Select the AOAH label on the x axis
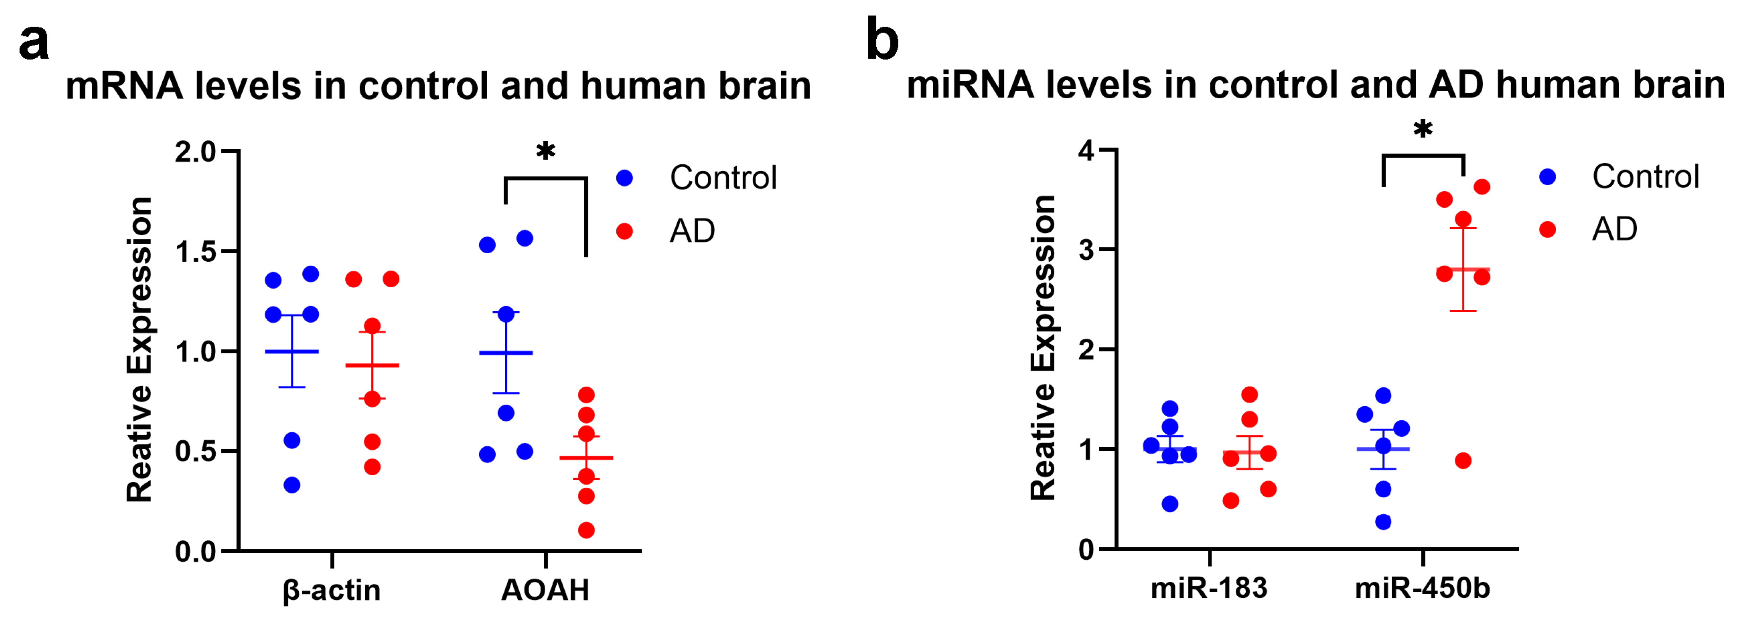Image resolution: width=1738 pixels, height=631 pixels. pyautogui.click(x=545, y=590)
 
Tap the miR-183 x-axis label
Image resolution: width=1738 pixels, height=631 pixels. pyautogui.click(x=1209, y=588)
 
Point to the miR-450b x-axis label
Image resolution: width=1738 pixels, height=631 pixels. pyautogui.click(x=1422, y=588)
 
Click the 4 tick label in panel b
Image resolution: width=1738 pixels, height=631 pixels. pyautogui.click(x=1086, y=150)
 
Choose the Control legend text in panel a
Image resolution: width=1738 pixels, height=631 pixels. pyautogui.click(x=723, y=178)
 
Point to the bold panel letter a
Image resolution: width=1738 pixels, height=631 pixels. pyautogui.click(x=34, y=42)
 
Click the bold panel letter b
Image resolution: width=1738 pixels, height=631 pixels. pyautogui.click(x=882, y=41)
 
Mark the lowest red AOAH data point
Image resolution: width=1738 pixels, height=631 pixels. pyautogui.click(x=586, y=530)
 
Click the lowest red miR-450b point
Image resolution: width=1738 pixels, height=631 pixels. pyautogui.click(x=1463, y=461)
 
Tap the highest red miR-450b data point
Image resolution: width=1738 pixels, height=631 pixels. pyautogui.click(x=1482, y=187)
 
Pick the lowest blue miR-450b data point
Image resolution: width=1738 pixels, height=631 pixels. pyautogui.click(x=1383, y=522)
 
